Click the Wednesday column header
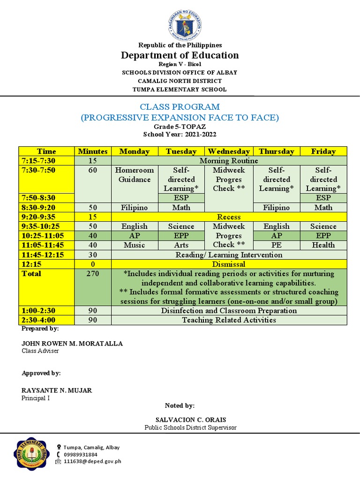point(229,151)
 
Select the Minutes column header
point(93,151)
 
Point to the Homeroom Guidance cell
point(135,175)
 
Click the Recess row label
point(229,217)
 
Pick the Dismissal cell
point(229,264)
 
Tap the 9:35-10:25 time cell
point(41,226)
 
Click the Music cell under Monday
point(135,245)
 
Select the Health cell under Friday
point(323,245)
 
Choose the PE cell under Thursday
point(277,245)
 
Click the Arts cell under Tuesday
point(181,245)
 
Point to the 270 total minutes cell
point(93,273)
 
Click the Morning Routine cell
point(229,161)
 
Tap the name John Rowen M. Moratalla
point(72,344)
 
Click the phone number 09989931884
point(81,454)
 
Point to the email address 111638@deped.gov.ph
point(92,461)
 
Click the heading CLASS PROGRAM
point(180,107)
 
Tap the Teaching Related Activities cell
point(229,320)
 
